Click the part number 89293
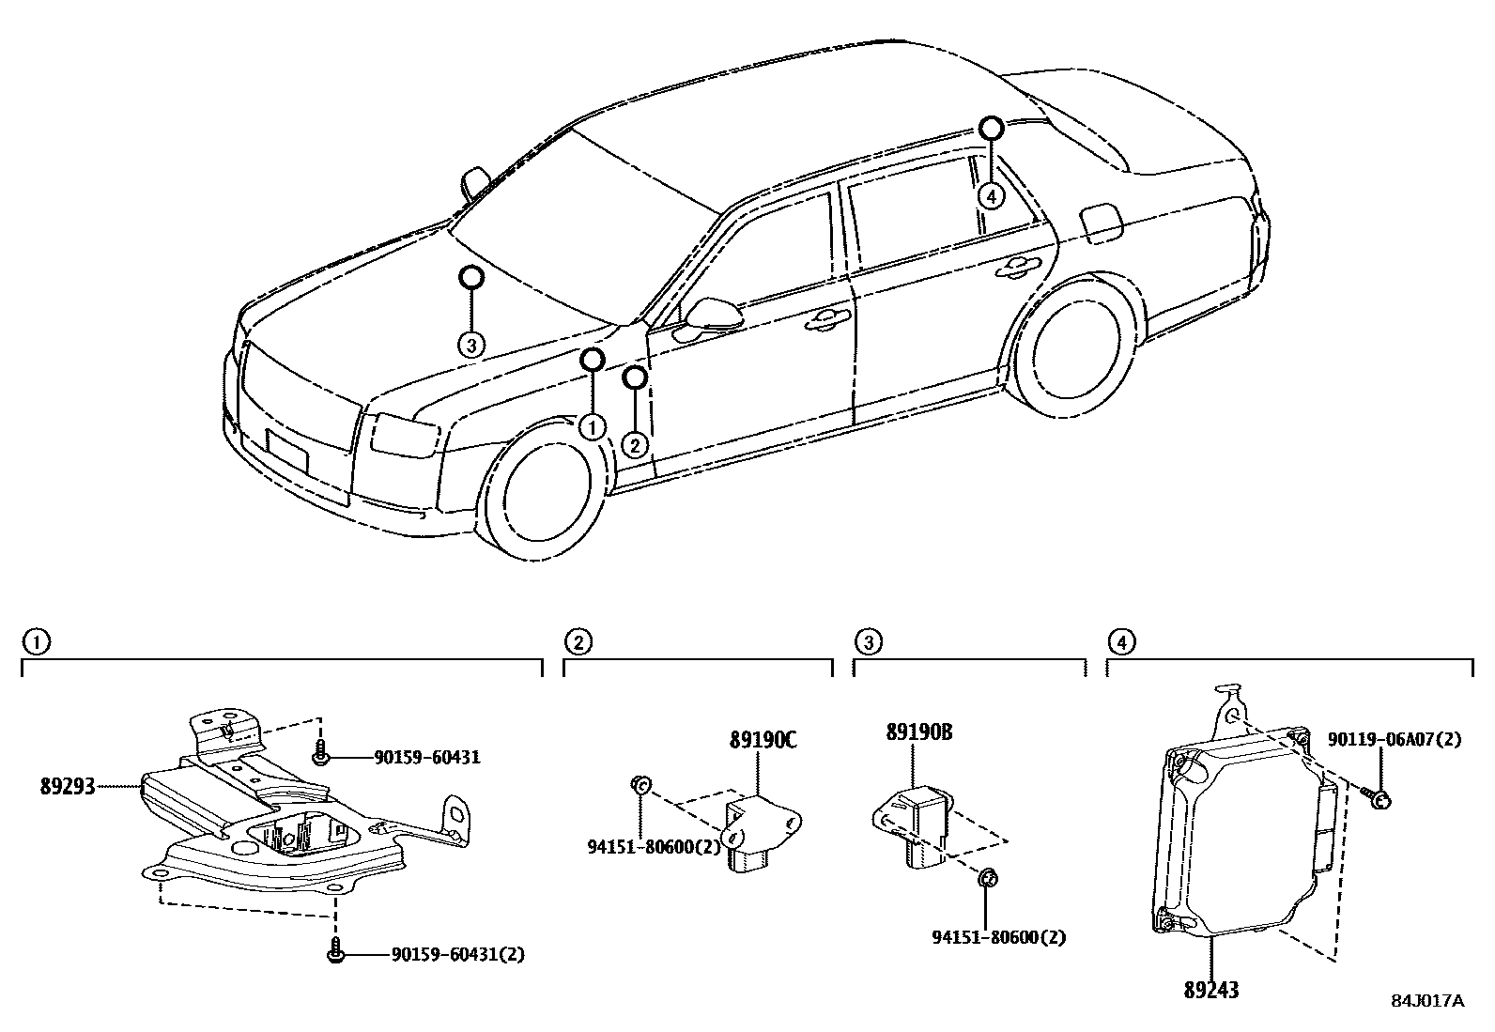[68, 786]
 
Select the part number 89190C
[763, 740]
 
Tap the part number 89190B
[918, 732]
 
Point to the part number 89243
[1210, 989]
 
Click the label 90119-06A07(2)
[1395, 739]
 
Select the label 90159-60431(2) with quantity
[457, 954]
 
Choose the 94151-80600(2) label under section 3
[998, 937]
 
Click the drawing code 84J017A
[1426, 1000]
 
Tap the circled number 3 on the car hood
[471, 345]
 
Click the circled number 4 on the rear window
[991, 195]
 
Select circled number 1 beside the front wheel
[591, 427]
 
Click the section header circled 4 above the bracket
[1120, 642]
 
